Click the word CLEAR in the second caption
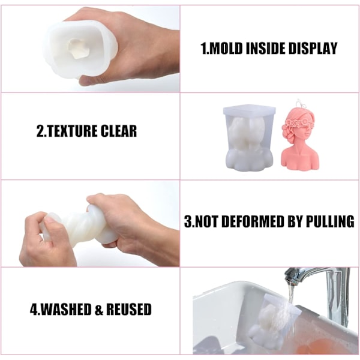point(118,131)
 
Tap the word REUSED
point(129,309)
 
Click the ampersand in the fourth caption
point(99,309)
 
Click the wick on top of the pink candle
point(299,103)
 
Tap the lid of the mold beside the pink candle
point(250,110)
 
